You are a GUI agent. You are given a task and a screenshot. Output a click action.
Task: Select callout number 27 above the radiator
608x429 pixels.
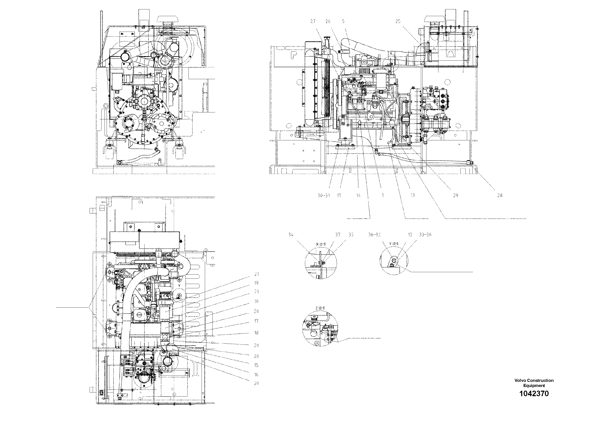point(313,21)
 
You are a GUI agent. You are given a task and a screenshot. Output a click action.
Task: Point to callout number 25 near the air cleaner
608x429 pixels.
point(398,21)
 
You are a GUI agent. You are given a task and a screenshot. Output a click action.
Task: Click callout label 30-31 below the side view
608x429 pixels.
point(324,195)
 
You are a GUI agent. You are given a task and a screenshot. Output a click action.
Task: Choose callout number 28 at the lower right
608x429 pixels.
point(500,195)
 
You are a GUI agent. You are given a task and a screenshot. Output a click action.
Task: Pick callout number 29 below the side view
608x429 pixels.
point(455,195)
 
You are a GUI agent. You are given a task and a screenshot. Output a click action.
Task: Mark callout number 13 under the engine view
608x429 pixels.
point(413,195)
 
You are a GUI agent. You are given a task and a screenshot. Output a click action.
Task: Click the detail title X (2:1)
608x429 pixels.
point(321,244)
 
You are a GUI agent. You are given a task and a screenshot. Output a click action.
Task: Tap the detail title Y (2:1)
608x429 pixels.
point(394,244)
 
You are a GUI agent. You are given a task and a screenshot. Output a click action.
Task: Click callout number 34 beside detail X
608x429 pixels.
point(291,235)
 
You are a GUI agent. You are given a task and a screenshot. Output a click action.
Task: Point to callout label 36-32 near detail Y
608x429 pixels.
point(374,235)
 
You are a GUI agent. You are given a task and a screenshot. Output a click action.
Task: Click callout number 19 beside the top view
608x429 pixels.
point(256,283)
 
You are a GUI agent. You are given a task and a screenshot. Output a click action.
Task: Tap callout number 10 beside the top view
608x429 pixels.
point(256,301)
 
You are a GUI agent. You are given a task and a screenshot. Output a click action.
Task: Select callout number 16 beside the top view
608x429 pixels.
point(256,375)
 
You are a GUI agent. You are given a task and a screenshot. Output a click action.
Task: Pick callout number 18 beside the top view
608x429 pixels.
point(256,333)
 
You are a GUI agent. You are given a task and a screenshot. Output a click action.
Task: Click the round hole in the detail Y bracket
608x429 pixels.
point(394,261)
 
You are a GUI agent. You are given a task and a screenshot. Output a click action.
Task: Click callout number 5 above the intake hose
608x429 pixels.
point(343,21)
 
